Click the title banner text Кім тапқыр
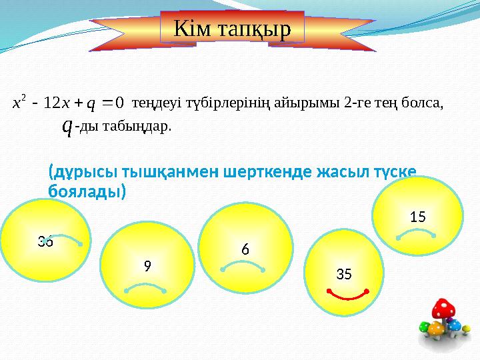tap(232, 28)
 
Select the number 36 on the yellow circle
tap(45, 241)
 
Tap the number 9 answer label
tap(147, 265)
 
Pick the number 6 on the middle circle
tap(245, 249)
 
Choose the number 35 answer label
tap(344, 273)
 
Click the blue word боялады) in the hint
tap(87, 191)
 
